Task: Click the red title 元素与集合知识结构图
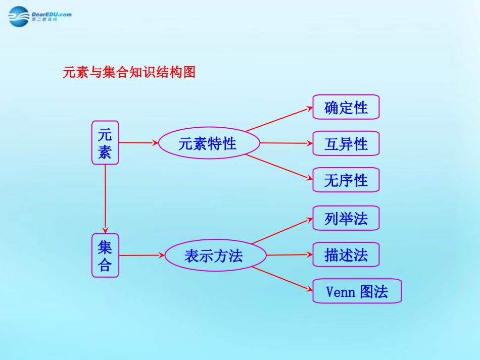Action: [x=128, y=73]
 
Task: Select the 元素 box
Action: [x=105, y=142]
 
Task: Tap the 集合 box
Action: [x=105, y=255]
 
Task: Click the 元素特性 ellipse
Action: [x=209, y=143]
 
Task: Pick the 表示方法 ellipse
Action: [x=215, y=255]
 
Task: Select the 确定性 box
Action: [x=346, y=107]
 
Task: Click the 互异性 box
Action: [x=346, y=143]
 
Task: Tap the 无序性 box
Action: [x=346, y=180]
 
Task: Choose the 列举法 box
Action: [x=346, y=218]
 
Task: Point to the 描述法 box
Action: [x=346, y=254]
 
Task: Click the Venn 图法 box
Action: [x=357, y=291]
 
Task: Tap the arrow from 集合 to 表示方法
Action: [x=141, y=255]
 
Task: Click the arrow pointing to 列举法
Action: [x=282, y=231]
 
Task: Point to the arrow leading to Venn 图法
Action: [x=282, y=278]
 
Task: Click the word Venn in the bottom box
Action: [x=341, y=291]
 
